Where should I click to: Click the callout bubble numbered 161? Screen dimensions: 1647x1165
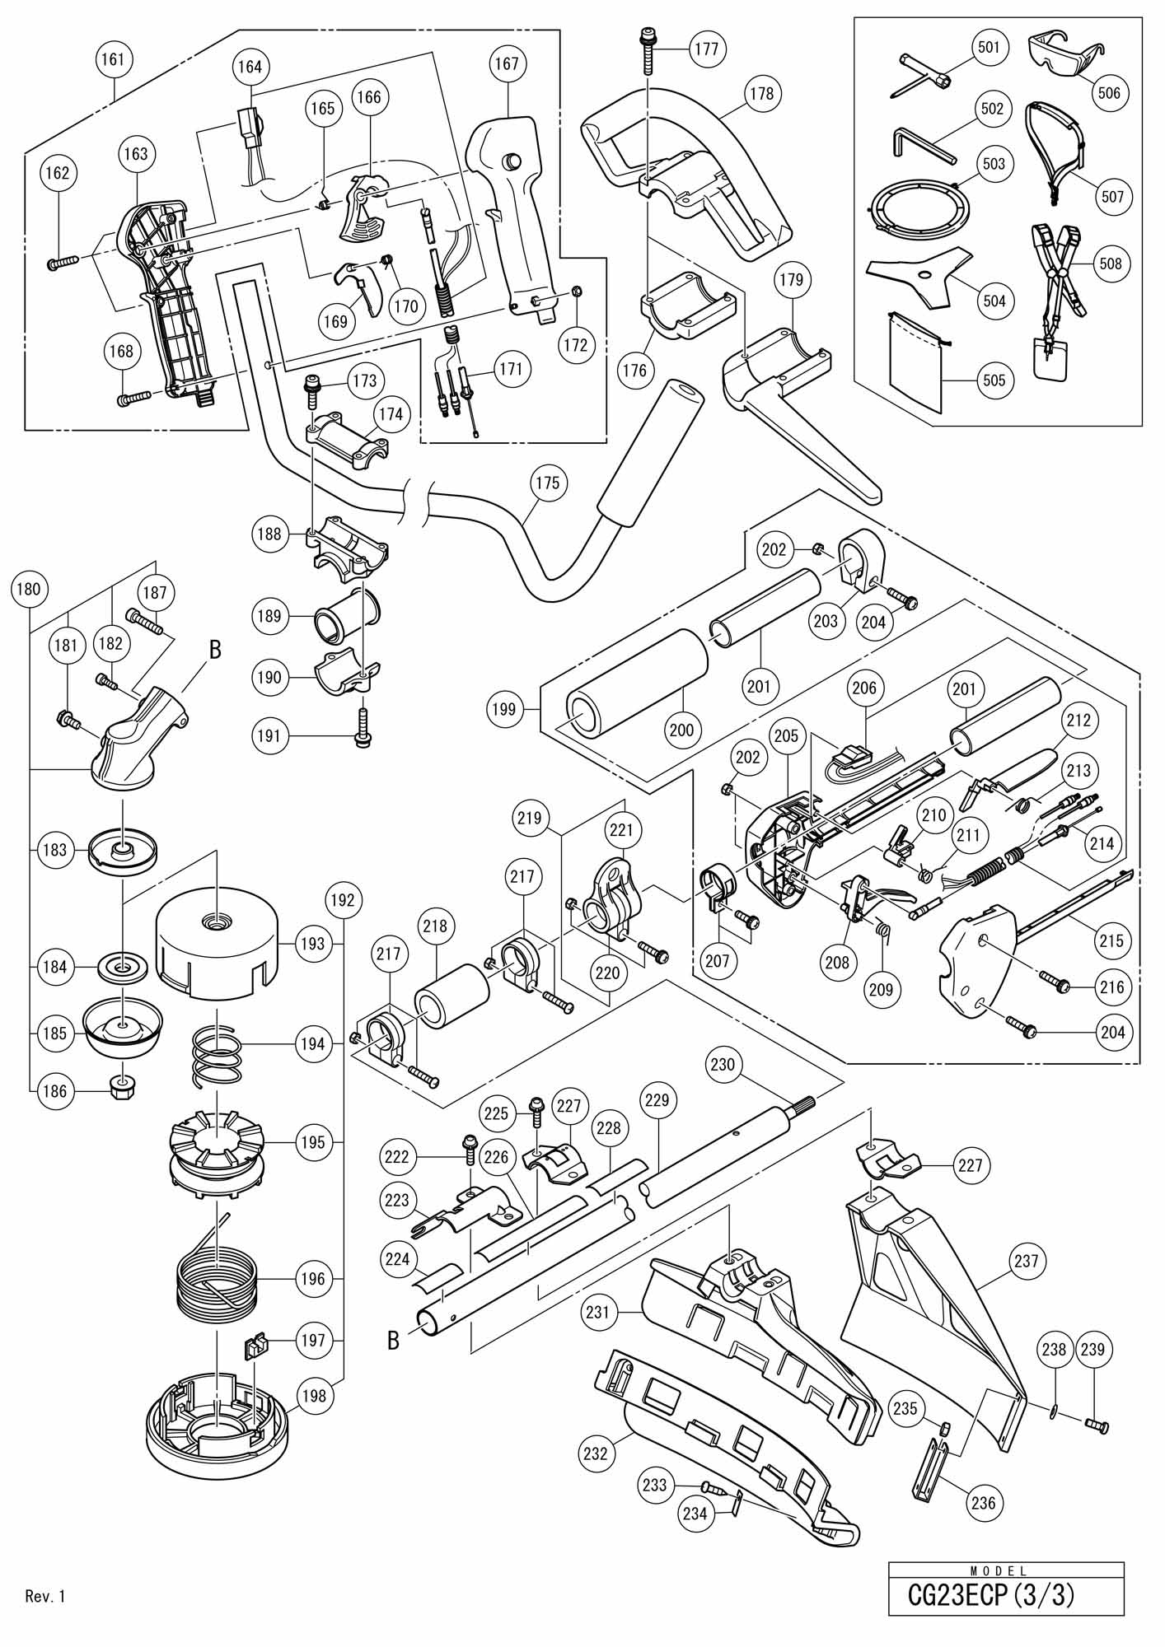(x=115, y=60)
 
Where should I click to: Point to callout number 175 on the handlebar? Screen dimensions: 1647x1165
(x=547, y=483)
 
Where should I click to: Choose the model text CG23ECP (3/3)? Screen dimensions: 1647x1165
(x=990, y=1595)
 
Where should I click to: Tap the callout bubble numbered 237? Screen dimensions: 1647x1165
(x=1029, y=1260)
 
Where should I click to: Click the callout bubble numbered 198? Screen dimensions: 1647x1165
(x=313, y=1396)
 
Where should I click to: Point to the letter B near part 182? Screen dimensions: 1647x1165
(x=215, y=651)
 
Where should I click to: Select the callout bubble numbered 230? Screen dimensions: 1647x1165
(x=722, y=1065)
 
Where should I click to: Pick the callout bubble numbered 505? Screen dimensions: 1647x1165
(x=994, y=380)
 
